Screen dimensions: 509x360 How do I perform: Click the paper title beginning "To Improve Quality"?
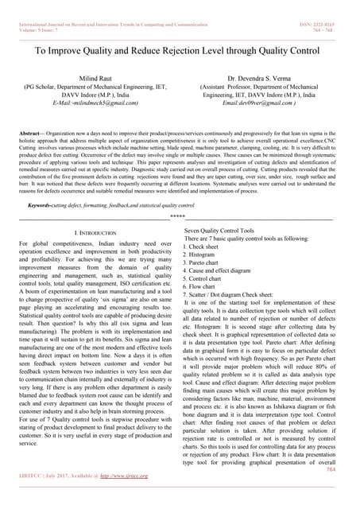click(x=180, y=50)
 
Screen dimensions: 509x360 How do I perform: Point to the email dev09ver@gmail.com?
click(x=263, y=103)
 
